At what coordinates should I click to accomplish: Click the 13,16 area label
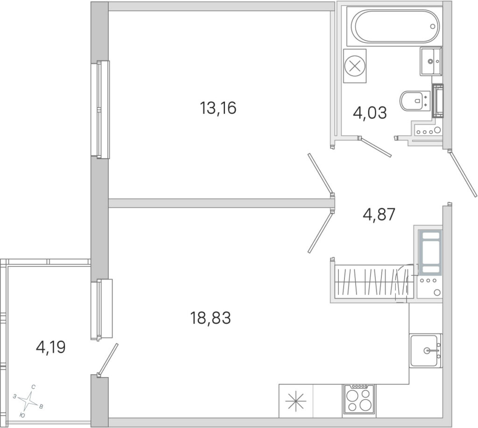pos(218,108)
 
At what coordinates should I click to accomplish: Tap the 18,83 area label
pos(211,318)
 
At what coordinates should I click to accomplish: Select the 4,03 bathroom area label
pos(370,112)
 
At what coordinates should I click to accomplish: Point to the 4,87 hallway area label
pos(379,214)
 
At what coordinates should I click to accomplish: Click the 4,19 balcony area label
pos(50,347)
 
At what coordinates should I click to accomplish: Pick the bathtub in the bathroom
pos(395,26)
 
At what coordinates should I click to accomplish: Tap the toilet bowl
pos(414,101)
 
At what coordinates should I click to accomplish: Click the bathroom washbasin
pos(430,61)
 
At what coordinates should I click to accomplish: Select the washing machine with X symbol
pos(355,66)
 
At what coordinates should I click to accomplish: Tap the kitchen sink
pos(425,351)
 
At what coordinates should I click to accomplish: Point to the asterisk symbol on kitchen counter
pos(296,401)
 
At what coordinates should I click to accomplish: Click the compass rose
pos(29,401)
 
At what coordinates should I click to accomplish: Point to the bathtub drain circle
pos(433,26)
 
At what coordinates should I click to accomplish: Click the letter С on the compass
pos(34,387)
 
